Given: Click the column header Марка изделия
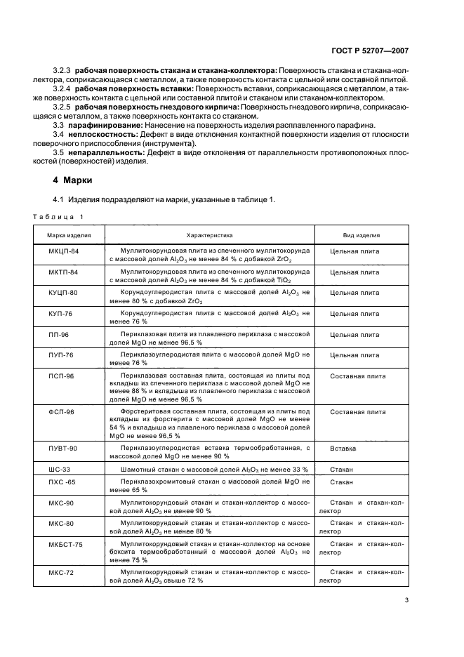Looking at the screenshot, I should pos(69,236).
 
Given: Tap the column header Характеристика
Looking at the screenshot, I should pos(209,236).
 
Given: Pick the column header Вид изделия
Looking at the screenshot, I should pos(362,236).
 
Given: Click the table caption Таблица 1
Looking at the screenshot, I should pos(62,216).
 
